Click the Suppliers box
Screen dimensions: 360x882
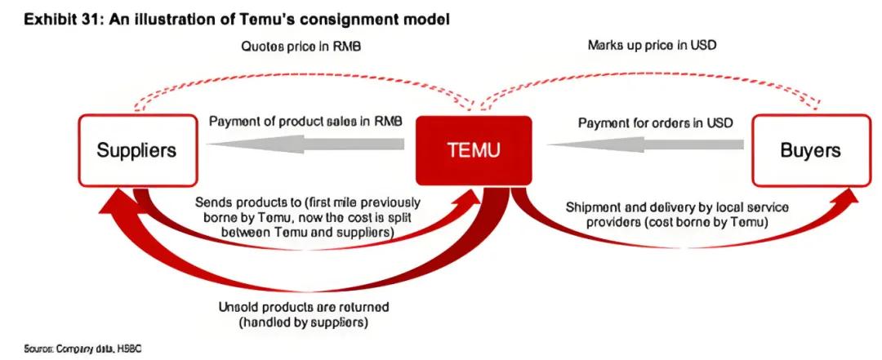click(136, 150)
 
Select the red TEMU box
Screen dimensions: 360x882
click(474, 150)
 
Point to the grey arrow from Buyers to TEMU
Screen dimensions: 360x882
click(645, 144)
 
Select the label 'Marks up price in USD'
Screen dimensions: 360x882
click(652, 45)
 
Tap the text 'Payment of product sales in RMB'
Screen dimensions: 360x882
click(305, 122)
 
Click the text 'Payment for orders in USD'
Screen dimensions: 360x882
click(656, 122)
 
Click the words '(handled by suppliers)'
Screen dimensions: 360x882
click(304, 322)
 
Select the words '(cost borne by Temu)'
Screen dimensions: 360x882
click(666, 221)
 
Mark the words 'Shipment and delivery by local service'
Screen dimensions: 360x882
click(666, 207)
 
